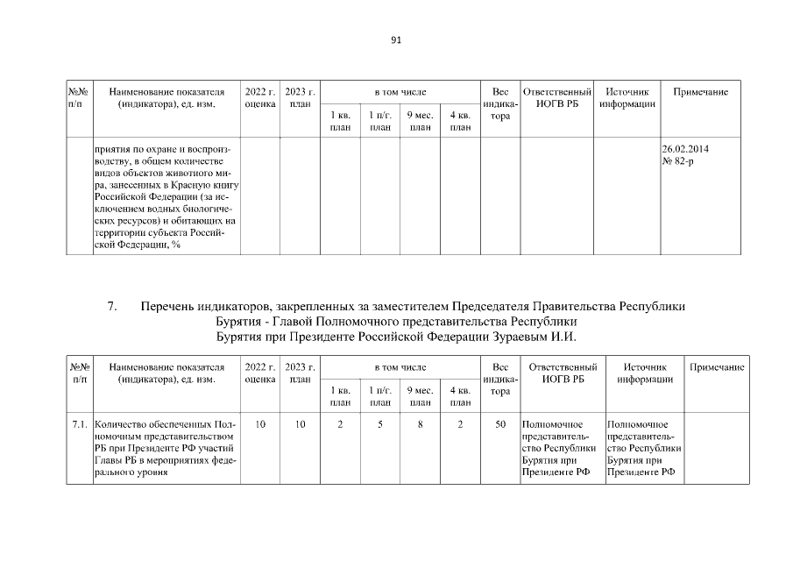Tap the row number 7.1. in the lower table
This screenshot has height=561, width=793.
click(79, 424)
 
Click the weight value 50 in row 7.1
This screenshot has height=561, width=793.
click(500, 424)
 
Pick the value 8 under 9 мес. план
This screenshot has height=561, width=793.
click(421, 424)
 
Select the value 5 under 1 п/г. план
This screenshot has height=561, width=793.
click(380, 424)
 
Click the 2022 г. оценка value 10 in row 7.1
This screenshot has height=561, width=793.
click(260, 424)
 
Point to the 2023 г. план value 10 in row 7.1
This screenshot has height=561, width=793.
click(301, 424)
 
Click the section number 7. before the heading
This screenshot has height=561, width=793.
click(112, 308)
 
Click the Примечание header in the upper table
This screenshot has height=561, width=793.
click(700, 92)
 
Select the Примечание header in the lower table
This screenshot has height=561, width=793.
click(717, 367)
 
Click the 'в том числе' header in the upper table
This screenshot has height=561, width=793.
click(400, 92)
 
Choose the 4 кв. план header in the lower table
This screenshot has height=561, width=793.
click(460, 396)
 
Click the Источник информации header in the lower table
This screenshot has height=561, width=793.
click(644, 373)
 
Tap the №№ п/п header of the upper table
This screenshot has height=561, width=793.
click(79, 98)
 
